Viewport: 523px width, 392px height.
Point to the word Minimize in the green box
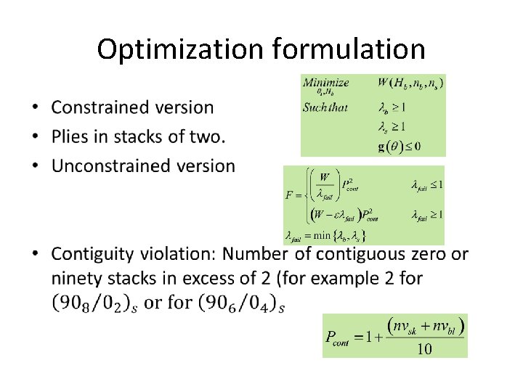click(x=325, y=82)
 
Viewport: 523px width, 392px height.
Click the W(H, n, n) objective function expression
click(x=410, y=83)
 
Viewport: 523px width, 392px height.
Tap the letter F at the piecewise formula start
click(x=288, y=195)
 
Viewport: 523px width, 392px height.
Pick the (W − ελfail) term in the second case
click(x=336, y=214)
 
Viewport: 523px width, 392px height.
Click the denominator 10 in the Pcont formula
click(x=424, y=349)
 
